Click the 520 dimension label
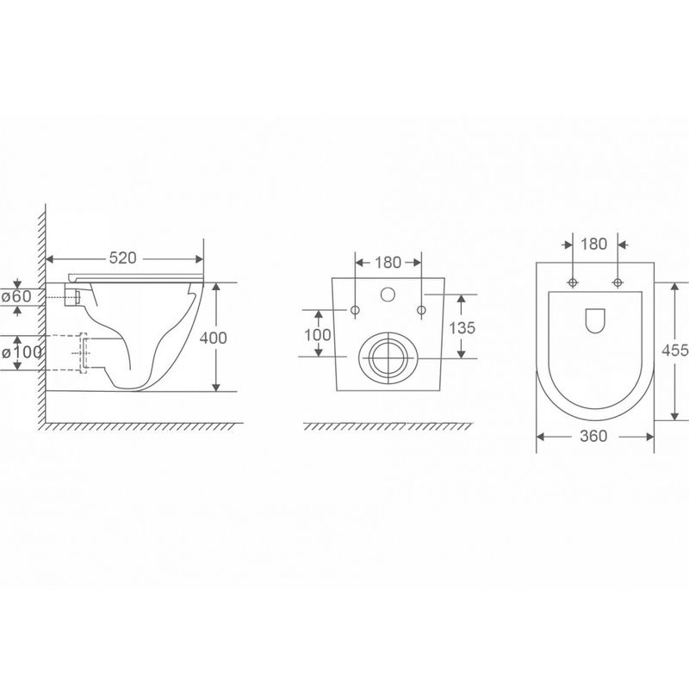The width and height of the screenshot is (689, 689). tap(122, 258)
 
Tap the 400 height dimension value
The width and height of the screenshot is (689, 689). tap(213, 338)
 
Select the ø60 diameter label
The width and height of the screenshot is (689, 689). tap(16, 296)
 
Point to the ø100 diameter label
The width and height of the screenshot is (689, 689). tap(22, 352)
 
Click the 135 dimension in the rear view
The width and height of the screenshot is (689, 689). tap(462, 328)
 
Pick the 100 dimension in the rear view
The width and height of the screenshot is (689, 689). tap(318, 335)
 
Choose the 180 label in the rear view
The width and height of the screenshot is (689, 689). tap(388, 263)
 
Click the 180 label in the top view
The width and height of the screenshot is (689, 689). tap(593, 244)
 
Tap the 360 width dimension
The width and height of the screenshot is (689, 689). tap(593, 436)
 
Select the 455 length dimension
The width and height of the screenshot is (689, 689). tap(675, 351)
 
